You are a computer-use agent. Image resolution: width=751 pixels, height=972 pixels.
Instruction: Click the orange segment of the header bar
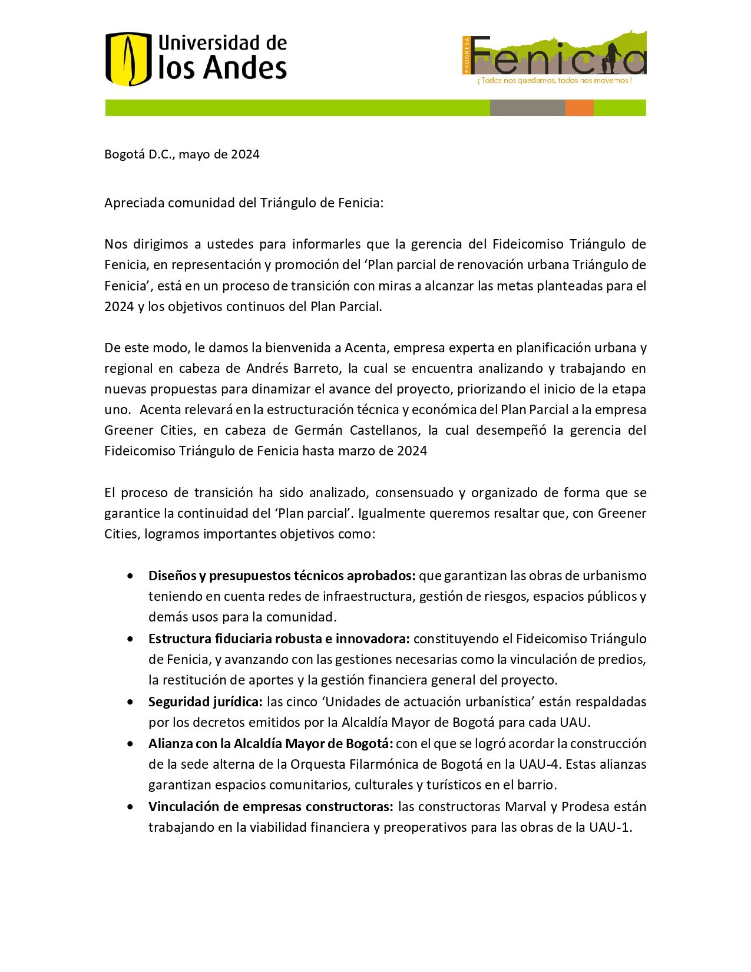coord(579,108)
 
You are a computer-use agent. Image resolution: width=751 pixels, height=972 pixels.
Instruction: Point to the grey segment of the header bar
coord(527,108)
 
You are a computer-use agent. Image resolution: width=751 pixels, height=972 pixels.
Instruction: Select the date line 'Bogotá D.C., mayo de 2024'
coord(182,154)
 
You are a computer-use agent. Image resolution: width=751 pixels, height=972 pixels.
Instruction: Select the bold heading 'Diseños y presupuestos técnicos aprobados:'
coord(282,576)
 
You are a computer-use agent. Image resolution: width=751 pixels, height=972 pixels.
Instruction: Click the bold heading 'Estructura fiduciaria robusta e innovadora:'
coord(279,639)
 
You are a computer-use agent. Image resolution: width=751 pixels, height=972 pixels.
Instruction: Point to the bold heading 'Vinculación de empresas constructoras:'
coord(271,807)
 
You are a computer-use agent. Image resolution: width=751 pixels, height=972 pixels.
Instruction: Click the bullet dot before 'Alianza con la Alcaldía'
coord(130,744)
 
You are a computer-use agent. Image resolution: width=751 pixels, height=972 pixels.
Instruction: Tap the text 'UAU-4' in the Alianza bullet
coord(537,765)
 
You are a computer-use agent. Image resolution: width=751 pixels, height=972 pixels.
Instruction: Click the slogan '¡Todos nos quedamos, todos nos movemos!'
coord(554,81)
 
